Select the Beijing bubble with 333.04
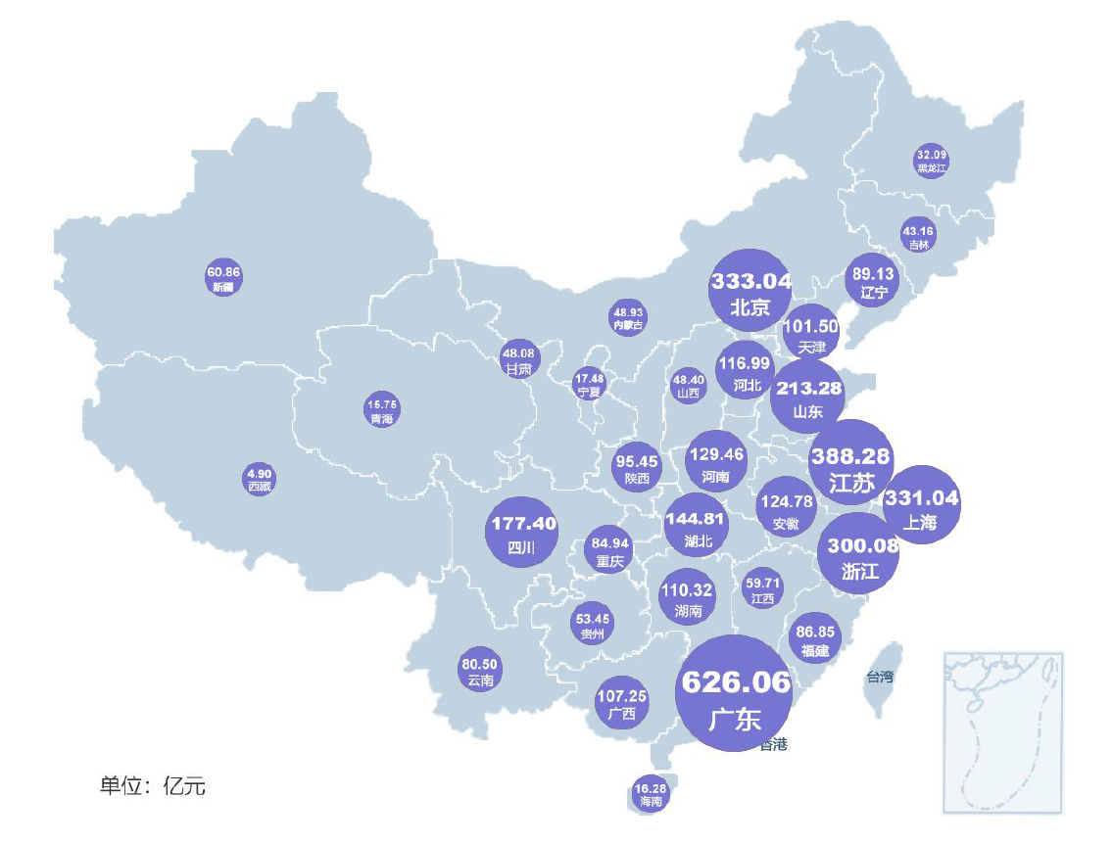(x=750, y=292)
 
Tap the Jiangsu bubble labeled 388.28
(x=850, y=465)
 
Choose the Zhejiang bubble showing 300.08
(x=858, y=553)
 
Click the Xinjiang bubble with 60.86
(x=223, y=277)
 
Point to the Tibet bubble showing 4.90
(x=260, y=479)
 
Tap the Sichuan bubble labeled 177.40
(x=522, y=533)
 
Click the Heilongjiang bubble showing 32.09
(x=932, y=161)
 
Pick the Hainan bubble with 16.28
(x=651, y=794)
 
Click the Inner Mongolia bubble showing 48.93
(x=629, y=317)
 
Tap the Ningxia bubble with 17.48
(x=590, y=384)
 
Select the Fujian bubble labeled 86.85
(x=815, y=640)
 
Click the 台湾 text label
(x=879, y=676)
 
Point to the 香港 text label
(x=773, y=745)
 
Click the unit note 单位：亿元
(x=152, y=785)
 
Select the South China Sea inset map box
(x=1002, y=731)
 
